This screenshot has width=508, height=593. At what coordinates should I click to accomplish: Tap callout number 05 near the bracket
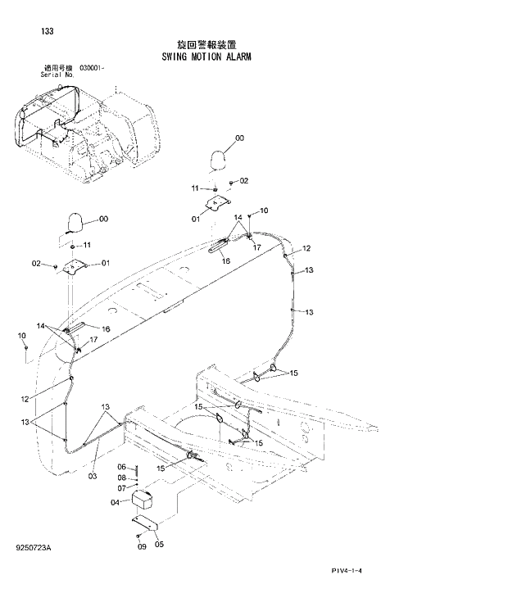[x=159, y=543]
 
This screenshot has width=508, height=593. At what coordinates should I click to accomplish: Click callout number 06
[x=122, y=467]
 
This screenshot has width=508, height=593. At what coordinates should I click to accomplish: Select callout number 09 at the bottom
[x=141, y=546]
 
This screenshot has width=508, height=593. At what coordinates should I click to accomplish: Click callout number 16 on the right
[x=226, y=261]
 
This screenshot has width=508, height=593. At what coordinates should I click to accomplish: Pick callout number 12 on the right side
[x=306, y=248]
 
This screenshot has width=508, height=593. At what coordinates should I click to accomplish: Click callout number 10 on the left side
[x=22, y=336]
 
